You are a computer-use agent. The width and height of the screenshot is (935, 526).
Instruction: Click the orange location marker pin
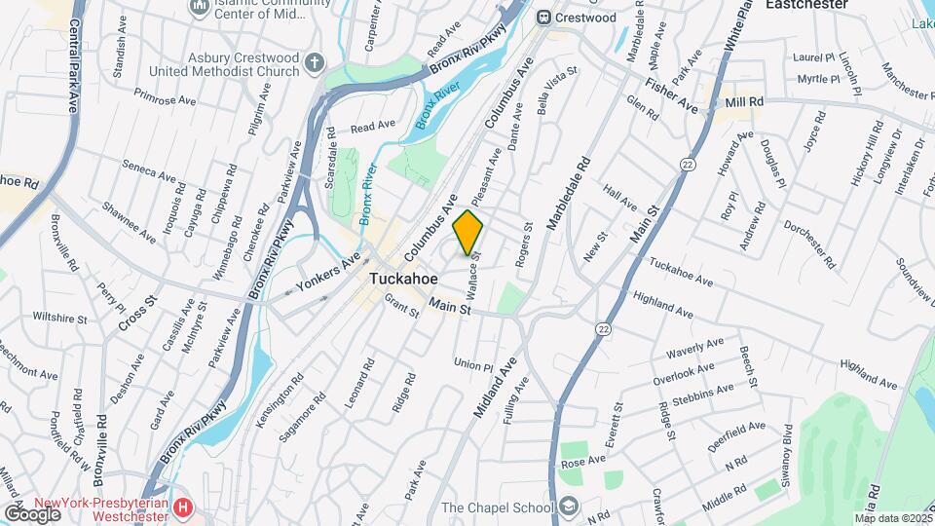point(468,232)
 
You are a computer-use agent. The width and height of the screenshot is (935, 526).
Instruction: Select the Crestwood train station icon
point(544,18)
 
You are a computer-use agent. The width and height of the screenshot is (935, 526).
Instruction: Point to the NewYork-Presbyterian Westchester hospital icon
point(184,507)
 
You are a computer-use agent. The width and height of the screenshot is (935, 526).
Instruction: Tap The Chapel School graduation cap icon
point(569,507)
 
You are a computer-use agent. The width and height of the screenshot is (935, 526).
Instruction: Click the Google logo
point(32,513)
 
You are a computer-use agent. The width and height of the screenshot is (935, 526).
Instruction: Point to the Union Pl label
point(473,364)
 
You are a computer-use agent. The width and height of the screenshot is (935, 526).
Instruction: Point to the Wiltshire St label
point(59,317)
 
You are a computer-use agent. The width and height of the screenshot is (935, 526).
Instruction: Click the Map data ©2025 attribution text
point(891,518)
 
